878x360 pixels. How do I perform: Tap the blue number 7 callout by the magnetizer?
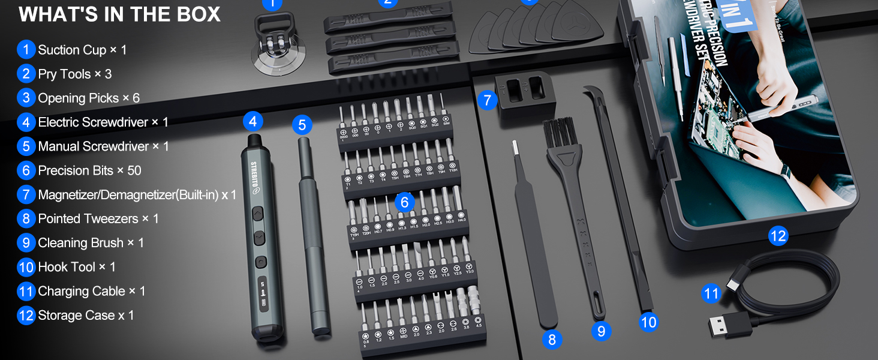pyautogui.click(x=488, y=100)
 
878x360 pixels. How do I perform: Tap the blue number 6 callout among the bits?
pyautogui.click(x=405, y=202)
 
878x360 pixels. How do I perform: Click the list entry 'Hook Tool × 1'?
pyautogui.click(x=77, y=267)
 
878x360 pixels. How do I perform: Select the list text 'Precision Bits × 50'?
pyautogui.click(x=89, y=170)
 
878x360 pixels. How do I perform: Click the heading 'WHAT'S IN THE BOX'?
pyautogui.click(x=119, y=14)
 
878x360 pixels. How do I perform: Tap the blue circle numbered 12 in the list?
pyautogui.click(x=26, y=315)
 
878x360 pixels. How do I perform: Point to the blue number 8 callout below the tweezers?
pyautogui.click(x=552, y=340)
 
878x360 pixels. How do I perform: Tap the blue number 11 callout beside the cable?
pyautogui.click(x=711, y=293)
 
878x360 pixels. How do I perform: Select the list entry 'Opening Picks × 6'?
pyautogui.click(x=88, y=98)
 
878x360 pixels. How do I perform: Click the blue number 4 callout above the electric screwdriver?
pyautogui.click(x=252, y=122)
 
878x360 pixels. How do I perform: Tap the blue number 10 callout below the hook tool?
pyautogui.click(x=648, y=322)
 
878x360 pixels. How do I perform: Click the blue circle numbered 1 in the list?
pyautogui.click(x=26, y=50)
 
